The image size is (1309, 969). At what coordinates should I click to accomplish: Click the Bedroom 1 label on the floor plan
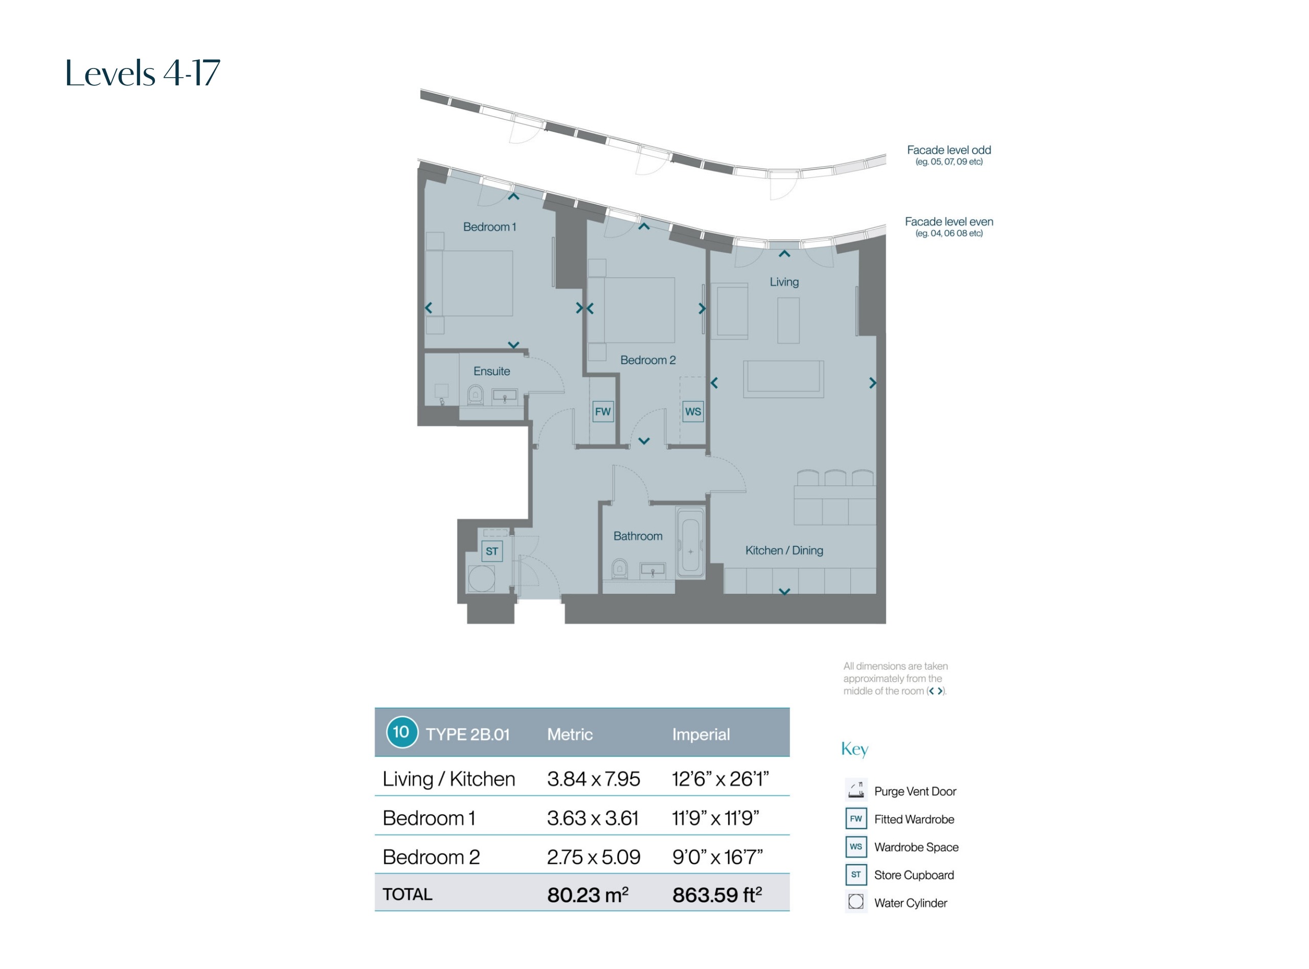[x=489, y=227]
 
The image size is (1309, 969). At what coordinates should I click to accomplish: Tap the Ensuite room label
[x=492, y=371]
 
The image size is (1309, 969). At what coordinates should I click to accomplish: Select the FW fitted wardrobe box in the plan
[x=602, y=412]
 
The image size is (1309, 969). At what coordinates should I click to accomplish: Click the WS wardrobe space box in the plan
[x=693, y=412]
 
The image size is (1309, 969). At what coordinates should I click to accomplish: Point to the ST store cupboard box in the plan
[x=492, y=551]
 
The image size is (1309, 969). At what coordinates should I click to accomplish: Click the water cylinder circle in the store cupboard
[x=481, y=579]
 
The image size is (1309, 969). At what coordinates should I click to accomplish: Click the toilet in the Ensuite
[x=475, y=395]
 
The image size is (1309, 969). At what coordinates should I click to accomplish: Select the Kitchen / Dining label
[x=784, y=550]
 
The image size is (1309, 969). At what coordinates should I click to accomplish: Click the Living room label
[x=784, y=282]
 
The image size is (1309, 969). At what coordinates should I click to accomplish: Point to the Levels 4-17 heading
[x=143, y=73]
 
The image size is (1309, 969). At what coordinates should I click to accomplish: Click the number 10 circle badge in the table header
[x=402, y=732]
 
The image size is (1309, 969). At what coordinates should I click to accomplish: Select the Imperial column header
[x=701, y=734]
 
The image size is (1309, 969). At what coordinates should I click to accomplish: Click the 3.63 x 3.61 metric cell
[x=593, y=818]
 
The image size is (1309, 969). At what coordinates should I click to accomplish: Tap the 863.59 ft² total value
[x=717, y=894]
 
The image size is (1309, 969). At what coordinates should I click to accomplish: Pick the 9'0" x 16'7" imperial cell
[x=717, y=858]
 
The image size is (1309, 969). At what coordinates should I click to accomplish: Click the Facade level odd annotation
[x=949, y=155]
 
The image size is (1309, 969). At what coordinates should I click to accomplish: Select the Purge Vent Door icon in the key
[x=856, y=790]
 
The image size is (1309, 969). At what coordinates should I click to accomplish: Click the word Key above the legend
[x=854, y=749]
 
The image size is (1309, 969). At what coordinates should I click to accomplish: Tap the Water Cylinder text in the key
[x=911, y=903]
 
